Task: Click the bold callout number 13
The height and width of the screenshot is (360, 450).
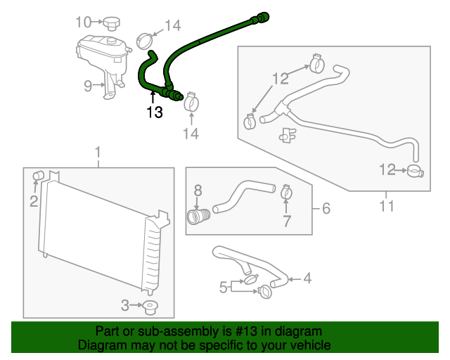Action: pos(155,112)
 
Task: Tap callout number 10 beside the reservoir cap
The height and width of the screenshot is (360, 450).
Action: pos(84,22)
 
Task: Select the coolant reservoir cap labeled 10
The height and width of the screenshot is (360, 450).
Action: pos(110,25)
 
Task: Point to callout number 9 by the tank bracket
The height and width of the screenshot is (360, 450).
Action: pos(88,86)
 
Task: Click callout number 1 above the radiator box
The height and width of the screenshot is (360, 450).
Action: pos(98,152)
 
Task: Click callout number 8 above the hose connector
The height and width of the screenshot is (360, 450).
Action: pos(198,189)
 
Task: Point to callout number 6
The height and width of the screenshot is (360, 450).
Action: pos(326,208)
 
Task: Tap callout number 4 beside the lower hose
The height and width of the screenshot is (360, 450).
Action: pos(307,278)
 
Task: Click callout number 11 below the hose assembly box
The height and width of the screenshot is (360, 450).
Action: pos(386,207)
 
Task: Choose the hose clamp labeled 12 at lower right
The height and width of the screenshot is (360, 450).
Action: pos(415,170)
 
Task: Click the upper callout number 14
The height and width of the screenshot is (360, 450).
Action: pos(172,26)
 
